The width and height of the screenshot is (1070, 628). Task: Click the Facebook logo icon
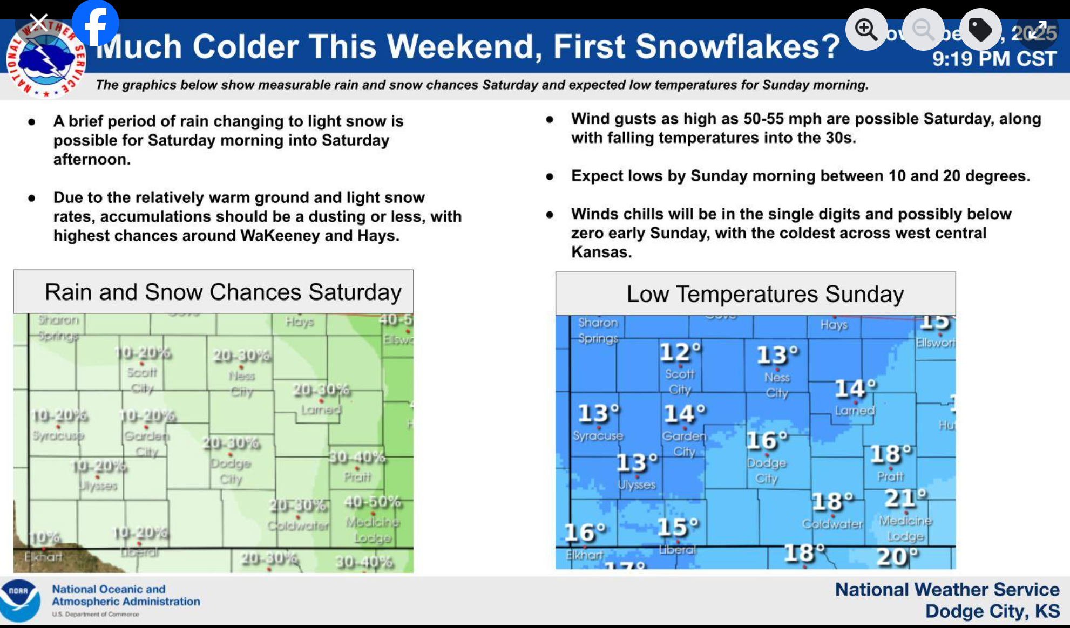tap(95, 24)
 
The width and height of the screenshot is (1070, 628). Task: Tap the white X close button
tap(38, 23)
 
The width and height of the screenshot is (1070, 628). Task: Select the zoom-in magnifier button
tap(866, 29)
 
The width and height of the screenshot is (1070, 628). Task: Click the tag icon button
tap(980, 29)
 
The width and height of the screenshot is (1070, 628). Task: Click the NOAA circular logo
tap(20, 600)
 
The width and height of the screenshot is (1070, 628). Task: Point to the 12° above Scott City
tap(680, 352)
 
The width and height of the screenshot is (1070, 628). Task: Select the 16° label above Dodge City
tap(767, 441)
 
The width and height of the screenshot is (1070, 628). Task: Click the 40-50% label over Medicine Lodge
tap(373, 502)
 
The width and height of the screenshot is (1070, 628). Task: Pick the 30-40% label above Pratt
tap(357, 458)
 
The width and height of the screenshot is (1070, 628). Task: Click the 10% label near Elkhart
tap(45, 537)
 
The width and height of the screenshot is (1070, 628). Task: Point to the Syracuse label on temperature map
tap(598, 435)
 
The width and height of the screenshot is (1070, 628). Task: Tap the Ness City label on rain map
tap(242, 383)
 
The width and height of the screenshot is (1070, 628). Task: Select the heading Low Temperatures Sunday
tap(765, 294)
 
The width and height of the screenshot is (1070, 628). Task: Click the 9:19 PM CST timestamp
tap(993, 59)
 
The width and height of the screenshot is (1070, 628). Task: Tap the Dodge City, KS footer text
tap(992, 611)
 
